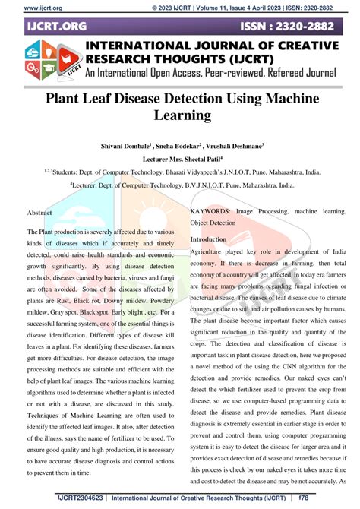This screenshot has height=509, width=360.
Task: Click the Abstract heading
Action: [x=39, y=213]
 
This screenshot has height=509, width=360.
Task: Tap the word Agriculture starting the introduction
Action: [x=210, y=251]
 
